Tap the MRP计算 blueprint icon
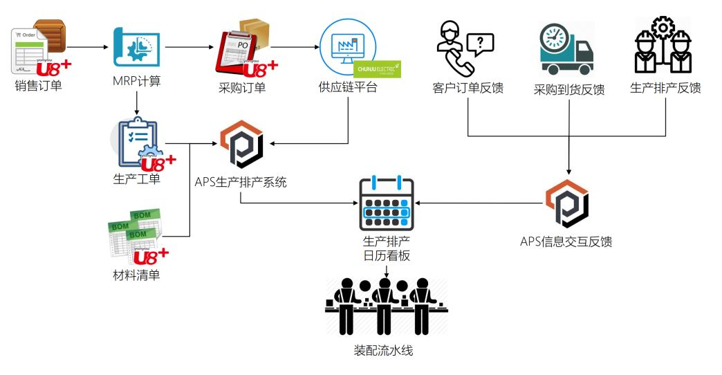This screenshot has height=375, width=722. [x=136, y=49]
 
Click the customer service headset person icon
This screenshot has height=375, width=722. [x=452, y=47]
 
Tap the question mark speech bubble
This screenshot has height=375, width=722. [x=480, y=44]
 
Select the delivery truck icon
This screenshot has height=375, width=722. [x=566, y=51]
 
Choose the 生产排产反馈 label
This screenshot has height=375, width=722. [x=665, y=88]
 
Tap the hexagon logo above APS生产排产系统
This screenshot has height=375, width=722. [x=239, y=145]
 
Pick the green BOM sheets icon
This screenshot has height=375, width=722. [x=136, y=232]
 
